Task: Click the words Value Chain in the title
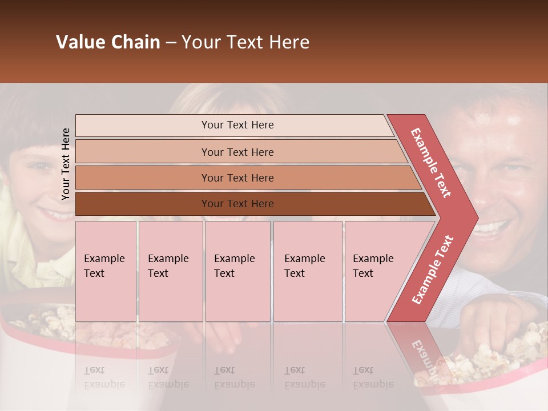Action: tap(108, 42)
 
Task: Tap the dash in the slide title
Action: tap(171, 43)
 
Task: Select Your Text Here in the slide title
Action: tap(245, 42)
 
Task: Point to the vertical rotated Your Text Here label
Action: tap(66, 164)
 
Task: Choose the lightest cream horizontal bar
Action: tap(234, 125)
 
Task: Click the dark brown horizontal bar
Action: tap(251, 204)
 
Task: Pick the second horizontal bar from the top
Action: tap(240, 152)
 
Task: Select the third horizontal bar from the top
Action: tap(245, 178)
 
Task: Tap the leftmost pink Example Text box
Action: tap(106, 271)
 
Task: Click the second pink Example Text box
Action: tap(171, 271)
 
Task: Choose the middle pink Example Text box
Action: tap(237, 271)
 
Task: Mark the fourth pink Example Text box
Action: tap(308, 271)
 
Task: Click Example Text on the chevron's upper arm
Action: tap(431, 163)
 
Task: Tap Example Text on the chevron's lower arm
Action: tap(432, 269)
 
